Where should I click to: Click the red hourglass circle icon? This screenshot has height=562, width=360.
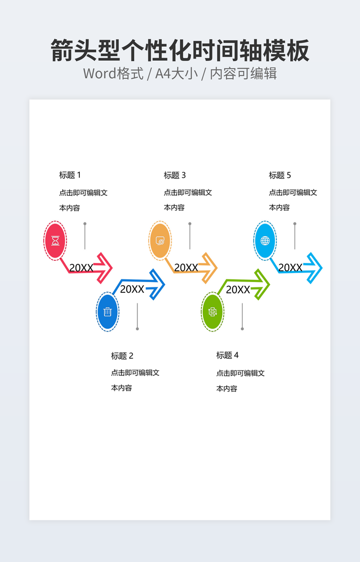[55, 241]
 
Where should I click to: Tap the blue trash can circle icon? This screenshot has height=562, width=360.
[108, 312]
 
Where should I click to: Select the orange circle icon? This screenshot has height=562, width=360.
[160, 241]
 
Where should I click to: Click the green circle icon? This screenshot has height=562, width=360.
[212, 312]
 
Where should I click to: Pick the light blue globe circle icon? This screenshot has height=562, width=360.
[265, 241]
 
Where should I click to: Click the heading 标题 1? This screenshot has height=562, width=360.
[70, 175]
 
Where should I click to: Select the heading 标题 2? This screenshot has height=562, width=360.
[122, 356]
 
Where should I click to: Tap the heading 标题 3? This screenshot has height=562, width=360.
[175, 175]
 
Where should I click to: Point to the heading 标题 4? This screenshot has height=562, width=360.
[227, 355]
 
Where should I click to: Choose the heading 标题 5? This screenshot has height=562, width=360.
[280, 175]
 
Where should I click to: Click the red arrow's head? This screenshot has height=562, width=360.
[104, 268]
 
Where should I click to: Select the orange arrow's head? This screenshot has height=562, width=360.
[209, 268]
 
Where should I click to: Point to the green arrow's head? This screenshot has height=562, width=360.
[261, 285]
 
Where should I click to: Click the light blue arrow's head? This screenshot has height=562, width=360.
[314, 268]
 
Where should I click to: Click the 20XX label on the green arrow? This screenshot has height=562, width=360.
[238, 290]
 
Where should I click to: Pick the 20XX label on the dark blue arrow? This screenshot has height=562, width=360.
[132, 289]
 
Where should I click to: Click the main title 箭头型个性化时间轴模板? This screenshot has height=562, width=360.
[180, 52]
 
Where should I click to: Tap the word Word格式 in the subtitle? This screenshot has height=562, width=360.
[113, 73]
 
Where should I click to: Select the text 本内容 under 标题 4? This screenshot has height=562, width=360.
[226, 389]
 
